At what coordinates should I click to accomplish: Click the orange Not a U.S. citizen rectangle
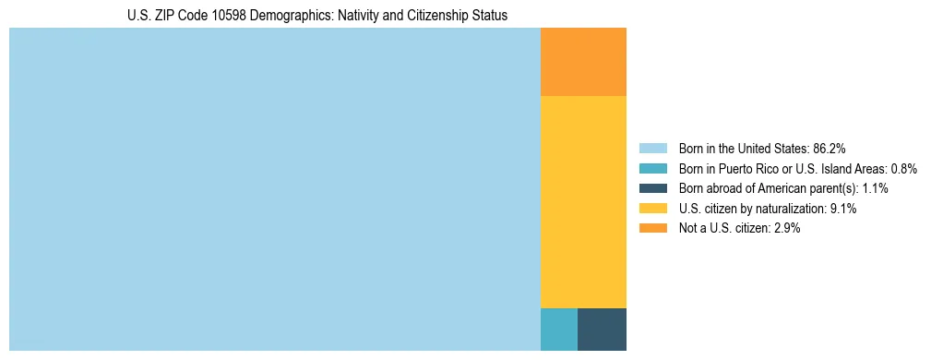583,62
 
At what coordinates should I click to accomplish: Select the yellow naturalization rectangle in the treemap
583,201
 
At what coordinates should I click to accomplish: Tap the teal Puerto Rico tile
558,330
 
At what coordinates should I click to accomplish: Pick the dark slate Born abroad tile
602,330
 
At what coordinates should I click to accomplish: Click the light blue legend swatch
653,149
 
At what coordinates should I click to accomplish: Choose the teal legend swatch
653,169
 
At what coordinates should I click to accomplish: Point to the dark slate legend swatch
653,188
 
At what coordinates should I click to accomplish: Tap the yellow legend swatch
653,209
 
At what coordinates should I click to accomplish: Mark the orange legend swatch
653,229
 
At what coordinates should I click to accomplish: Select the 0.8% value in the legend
903,169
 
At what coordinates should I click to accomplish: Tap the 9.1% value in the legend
843,209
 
